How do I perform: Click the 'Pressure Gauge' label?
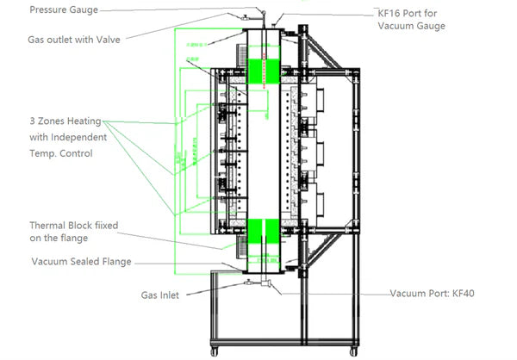[64, 10]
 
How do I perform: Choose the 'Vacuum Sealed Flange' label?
[81, 262]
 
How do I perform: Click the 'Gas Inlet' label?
[161, 295]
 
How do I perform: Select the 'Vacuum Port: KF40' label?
[433, 294]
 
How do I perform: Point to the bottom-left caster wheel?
[218, 352]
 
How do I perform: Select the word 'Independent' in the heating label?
[80, 138]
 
